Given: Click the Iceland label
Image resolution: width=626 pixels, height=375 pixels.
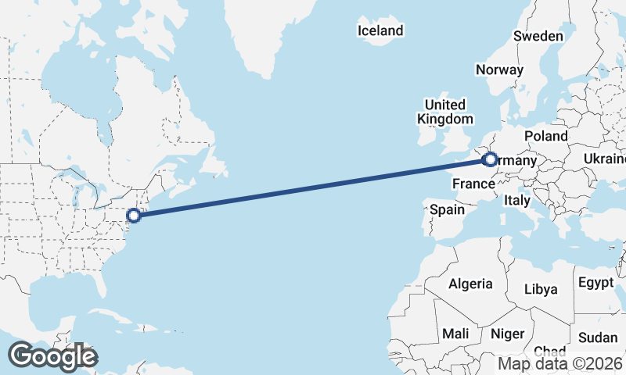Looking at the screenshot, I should (x=380, y=31).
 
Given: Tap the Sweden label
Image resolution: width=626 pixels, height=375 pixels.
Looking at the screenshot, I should (x=538, y=36).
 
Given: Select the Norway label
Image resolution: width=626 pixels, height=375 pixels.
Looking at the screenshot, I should (x=499, y=70).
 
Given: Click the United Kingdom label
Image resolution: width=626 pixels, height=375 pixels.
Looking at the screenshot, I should (x=445, y=112).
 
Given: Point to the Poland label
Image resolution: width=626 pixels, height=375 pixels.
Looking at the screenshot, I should (x=546, y=136).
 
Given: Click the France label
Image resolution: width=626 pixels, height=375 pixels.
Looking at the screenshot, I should (x=473, y=184).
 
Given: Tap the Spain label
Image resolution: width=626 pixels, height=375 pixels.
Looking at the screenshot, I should (x=448, y=209).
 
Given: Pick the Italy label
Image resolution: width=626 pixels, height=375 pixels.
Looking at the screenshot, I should (x=516, y=200).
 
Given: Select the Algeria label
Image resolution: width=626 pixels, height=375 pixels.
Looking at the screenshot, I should (x=470, y=284).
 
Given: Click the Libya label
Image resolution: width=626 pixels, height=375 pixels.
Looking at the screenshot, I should (x=541, y=289).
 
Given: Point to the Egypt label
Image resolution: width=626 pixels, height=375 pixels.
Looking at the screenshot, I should (x=597, y=282).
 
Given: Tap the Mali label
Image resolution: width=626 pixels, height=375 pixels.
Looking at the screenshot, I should (x=455, y=334).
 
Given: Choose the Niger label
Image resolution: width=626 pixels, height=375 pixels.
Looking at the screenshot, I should (x=507, y=334).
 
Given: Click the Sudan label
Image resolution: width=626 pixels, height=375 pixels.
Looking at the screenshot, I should (x=598, y=337).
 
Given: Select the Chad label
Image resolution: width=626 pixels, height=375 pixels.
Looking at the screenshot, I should (x=550, y=352).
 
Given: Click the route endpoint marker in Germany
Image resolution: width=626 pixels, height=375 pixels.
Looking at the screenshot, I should (x=491, y=160).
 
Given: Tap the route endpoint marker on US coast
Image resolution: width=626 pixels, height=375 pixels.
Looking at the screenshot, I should (x=134, y=215).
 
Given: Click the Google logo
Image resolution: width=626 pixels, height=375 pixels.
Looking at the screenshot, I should (x=53, y=356).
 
